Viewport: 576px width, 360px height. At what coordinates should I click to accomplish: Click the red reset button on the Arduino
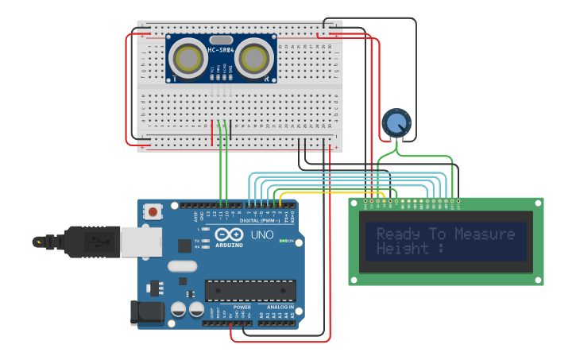coord(152,211)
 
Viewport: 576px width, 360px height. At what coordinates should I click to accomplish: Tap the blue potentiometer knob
coord(396,123)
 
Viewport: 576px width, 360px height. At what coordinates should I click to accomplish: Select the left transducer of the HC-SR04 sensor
coord(188,58)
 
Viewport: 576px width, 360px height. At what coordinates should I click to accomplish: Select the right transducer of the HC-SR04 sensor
coord(253,58)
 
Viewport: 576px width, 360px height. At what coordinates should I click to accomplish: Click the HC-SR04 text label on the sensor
coord(221,51)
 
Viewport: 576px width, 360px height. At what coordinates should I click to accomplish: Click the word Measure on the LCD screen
coord(485,234)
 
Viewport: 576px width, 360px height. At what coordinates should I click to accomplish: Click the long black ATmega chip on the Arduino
coord(250,290)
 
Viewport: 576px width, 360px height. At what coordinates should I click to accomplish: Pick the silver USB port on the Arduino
coord(141,242)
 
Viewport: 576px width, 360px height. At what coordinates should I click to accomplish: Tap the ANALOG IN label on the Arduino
coord(280,307)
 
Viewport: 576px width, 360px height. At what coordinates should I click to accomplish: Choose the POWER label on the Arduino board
coord(242,307)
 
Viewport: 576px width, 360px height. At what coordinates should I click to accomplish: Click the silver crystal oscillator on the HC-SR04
coord(221,40)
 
